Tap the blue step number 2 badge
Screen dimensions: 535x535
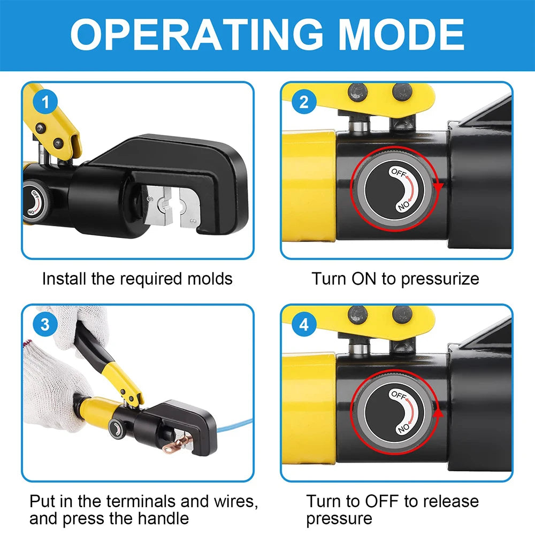(304, 102)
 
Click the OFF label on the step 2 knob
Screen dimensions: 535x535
(399, 172)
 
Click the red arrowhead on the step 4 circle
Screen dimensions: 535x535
(439, 413)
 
